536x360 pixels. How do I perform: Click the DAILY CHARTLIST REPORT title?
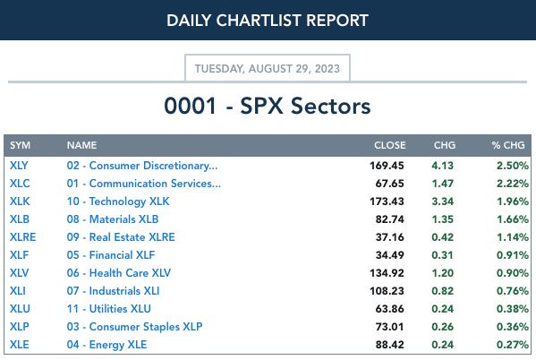268,21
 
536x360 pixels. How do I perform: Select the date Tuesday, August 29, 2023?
268,68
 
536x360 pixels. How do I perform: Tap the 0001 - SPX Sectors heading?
268,106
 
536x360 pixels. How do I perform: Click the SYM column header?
21,145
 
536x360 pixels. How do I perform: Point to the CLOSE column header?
389,145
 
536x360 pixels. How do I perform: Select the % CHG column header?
508,145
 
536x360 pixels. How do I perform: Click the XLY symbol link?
19,166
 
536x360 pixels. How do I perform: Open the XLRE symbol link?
23,237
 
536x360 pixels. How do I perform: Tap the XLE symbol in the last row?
19,345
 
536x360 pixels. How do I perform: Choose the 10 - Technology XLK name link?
118,201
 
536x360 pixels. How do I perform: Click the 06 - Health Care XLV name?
119,273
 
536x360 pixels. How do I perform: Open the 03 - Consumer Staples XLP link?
134,327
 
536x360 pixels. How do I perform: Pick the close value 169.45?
387,166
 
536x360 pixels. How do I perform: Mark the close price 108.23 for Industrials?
387,291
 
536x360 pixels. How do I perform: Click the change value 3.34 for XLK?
443,201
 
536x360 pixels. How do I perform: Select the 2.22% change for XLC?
513,184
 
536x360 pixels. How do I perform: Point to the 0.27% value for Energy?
513,345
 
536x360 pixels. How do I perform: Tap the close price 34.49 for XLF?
389,255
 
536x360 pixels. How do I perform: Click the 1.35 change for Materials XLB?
443,219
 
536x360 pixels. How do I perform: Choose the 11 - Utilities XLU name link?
108,309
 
